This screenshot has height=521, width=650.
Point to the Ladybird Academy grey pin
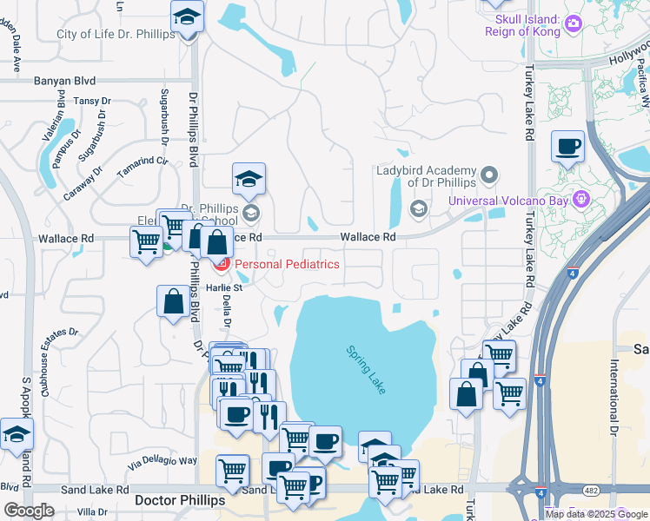pos(489,176)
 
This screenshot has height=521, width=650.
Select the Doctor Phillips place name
pos(181,501)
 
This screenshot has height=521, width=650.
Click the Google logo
pos(29,511)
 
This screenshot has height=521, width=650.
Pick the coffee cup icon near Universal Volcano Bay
pos(567,147)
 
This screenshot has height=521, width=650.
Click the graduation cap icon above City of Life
pos(187,16)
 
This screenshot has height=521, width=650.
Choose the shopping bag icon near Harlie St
pos(173,301)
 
